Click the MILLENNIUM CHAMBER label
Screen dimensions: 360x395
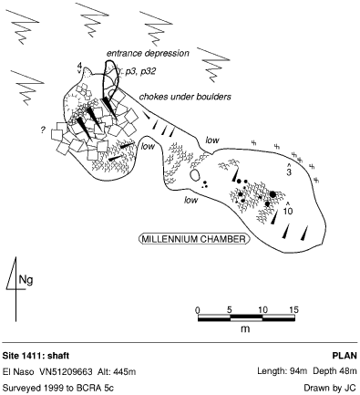(194, 239)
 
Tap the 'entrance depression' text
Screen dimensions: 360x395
(148, 54)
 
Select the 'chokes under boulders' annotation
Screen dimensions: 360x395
(185, 97)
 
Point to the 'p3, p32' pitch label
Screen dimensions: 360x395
(140, 72)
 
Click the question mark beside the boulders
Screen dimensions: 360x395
(43, 130)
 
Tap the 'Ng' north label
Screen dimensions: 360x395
(26, 280)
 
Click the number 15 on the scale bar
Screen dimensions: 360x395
(293, 310)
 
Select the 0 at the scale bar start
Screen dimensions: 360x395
(198, 310)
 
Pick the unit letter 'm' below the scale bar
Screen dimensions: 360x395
(245, 328)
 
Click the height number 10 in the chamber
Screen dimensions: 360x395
(288, 211)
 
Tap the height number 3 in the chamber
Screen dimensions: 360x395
(289, 172)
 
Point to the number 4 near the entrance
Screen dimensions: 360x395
(79, 66)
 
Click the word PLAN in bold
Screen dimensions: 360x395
(345, 356)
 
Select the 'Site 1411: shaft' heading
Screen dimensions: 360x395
(36, 356)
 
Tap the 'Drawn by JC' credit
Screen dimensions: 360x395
(330, 388)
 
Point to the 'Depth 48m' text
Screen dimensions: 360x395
(334, 371)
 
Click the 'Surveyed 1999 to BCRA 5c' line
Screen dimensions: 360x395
(58, 388)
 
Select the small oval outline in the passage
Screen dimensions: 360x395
(194, 175)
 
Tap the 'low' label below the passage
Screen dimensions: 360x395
(190, 200)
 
